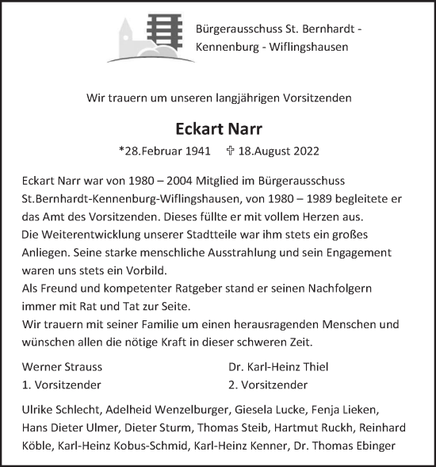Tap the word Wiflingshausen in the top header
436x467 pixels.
tap(312, 48)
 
